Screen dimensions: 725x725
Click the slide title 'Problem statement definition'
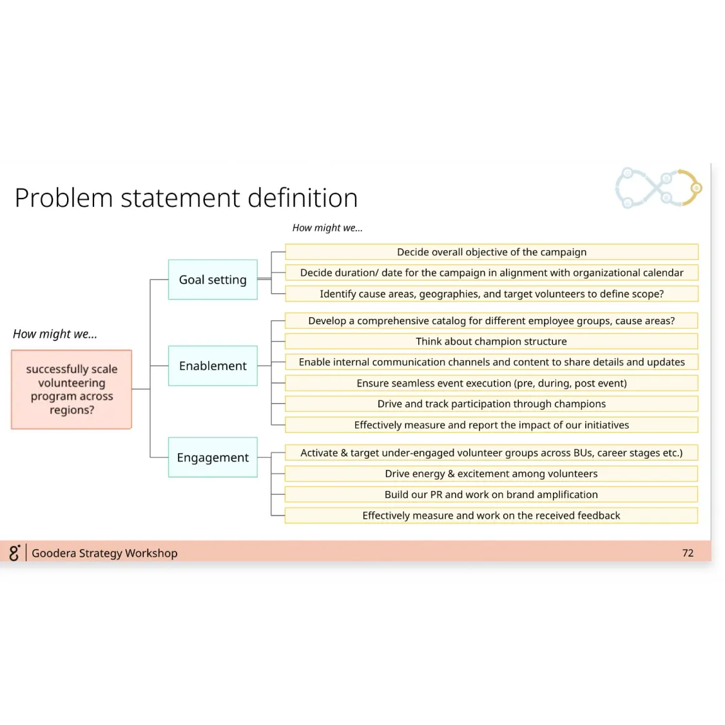(186, 198)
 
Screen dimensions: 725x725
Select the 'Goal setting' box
(213, 280)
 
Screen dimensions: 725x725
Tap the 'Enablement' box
(213, 365)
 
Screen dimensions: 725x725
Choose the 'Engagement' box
(213, 458)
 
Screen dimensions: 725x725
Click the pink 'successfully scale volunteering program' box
(72, 389)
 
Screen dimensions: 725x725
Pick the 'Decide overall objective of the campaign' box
(491, 252)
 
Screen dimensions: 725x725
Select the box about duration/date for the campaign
(491, 273)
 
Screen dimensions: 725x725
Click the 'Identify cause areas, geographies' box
(491, 294)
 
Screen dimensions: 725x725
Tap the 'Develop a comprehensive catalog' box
(491, 321)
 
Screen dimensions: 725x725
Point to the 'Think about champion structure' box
(491, 342)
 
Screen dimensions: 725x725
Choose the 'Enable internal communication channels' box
(491, 362)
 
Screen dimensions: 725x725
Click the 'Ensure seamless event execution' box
(491, 383)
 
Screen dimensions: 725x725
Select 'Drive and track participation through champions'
(491, 404)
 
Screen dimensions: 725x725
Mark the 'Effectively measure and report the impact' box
(491, 425)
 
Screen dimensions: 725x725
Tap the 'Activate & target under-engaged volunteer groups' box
(491, 453)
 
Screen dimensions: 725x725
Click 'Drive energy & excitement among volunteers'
(491, 474)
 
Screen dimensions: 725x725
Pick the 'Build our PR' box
(491, 495)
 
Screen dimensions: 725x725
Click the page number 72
(688, 553)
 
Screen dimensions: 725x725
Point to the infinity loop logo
(657, 188)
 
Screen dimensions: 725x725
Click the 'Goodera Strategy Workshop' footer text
(104, 553)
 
